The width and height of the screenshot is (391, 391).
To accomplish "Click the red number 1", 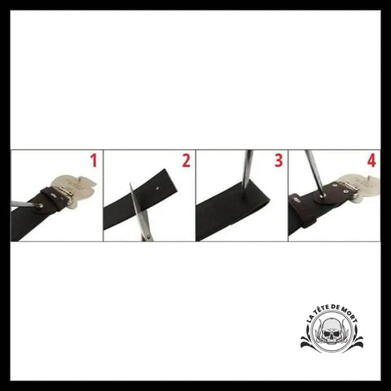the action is point(94,160).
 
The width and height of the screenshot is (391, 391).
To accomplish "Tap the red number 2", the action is point(187,160).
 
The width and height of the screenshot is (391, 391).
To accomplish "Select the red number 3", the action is point(279,160).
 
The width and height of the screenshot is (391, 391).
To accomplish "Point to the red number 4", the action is point(371,160).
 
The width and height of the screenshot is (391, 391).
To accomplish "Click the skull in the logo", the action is point(332,332).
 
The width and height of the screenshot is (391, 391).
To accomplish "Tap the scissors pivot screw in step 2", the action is point(148,237).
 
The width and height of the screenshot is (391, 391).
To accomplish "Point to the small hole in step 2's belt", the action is point(158,187).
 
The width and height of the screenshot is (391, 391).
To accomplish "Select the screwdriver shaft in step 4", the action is point(314,172).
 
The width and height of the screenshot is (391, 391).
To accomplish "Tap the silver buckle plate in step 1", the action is point(77,189).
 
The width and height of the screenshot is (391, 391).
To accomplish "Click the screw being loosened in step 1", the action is point(41,206).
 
